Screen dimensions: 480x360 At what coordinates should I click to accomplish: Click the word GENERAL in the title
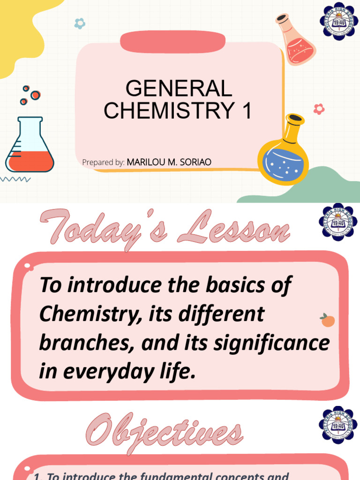pos(179,89)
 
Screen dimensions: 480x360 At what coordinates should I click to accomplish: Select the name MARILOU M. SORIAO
pos(169,162)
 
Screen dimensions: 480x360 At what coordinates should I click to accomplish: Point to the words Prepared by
pos(103,163)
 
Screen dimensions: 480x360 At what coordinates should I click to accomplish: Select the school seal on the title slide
pos(338,21)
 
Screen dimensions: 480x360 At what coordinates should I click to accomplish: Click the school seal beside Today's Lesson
pos(338,222)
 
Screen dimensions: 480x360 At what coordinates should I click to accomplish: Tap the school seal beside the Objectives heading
pos(338,425)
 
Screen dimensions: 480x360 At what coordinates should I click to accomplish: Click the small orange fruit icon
pos(328,321)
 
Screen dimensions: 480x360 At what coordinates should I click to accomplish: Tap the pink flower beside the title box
pos(319,109)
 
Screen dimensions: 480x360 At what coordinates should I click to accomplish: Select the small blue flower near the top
pos(80,23)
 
